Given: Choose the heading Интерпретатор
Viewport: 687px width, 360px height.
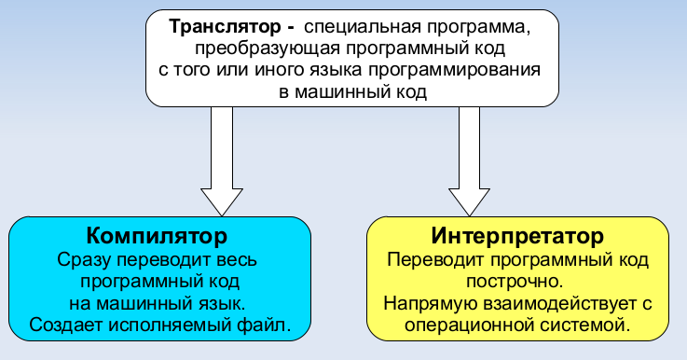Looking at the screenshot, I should point(518,234).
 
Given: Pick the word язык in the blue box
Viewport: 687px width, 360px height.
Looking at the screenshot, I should point(219,302).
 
